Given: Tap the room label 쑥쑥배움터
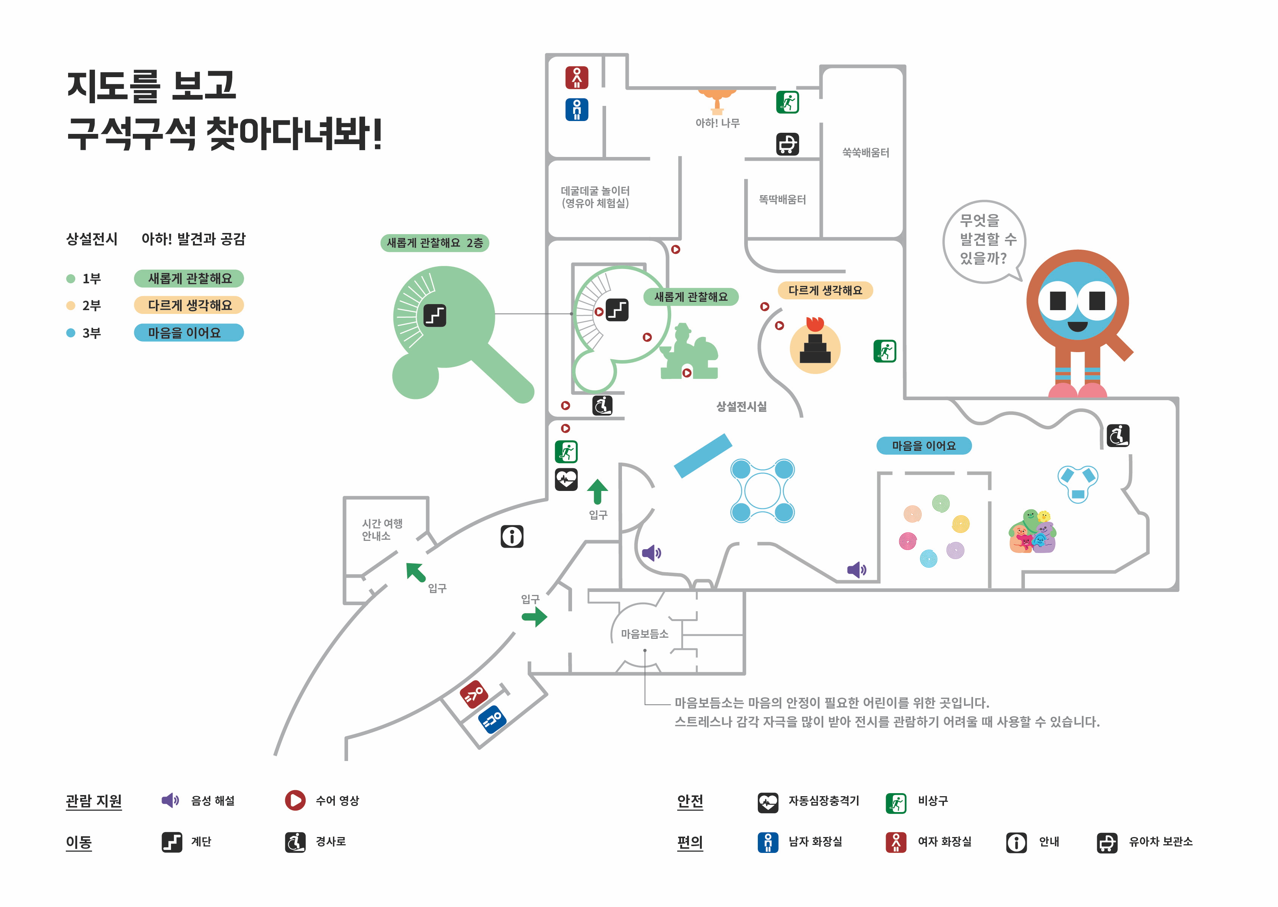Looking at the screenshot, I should pyautogui.click(x=865, y=152).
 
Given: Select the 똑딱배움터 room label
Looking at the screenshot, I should pyautogui.click(x=782, y=199).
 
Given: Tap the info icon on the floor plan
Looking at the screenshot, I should pyautogui.click(x=512, y=536).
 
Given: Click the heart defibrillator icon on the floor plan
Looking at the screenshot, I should pyautogui.click(x=566, y=479).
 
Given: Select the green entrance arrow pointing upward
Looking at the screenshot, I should pyautogui.click(x=597, y=491).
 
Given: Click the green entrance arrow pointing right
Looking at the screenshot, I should pyautogui.click(x=534, y=617).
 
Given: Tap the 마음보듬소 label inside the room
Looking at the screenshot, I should pyautogui.click(x=645, y=634).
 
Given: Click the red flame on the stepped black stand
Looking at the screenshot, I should pyautogui.click(x=815, y=323).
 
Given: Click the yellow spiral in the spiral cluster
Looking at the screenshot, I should pyautogui.click(x=961, y=524).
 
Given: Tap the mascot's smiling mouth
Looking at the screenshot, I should pyautogui.click(x=1077, y=326).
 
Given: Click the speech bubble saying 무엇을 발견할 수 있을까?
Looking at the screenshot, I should pyautogui.click(x=984, y=240).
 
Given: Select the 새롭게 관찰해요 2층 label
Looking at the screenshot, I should pyautogui.click(x=435, y=243).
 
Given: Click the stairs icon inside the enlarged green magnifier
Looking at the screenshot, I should pyautogui.click(x=435, y=315).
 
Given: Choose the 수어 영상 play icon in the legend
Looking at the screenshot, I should pyautogui.click(x=295, y=800).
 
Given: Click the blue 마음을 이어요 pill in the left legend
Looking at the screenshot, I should pyautogui.click(x=189, y=333).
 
